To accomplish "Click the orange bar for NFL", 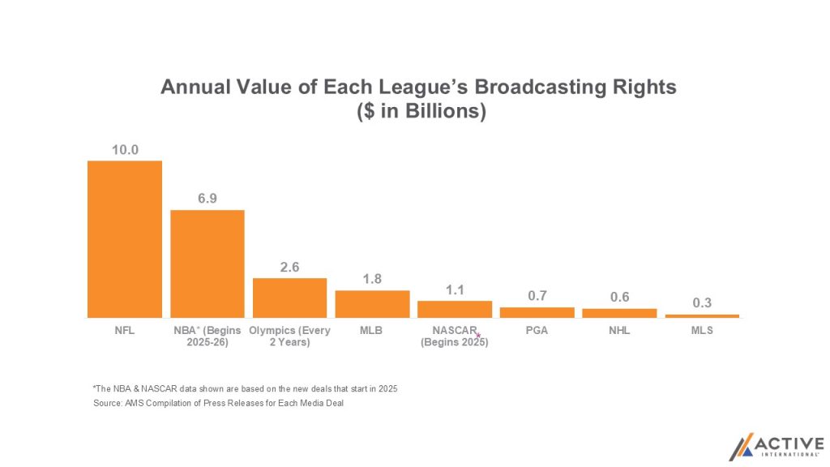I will click(x=125, y=239).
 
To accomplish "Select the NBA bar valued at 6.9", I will click(x=207, y=263).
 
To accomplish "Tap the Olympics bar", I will click(x=289, y=298).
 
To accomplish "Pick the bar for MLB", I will click(x=372, y=304).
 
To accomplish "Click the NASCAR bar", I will click(x=455, y=309).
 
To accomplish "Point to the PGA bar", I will click(x=537, y=312).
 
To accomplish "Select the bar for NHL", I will click(x=619, y=313).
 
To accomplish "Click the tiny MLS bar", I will click(x=702, y=315).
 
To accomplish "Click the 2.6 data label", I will click(x=289, y=266).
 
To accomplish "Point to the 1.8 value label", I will click(x=372, y=278).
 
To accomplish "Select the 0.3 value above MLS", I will click(x=702, y=302).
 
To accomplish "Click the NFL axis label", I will click(x=125, y=331).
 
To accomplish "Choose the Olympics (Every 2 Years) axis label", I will click(x=289, y=336).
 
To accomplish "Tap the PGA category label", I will click(x=537, y=331).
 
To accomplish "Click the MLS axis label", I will click(x=702, y=331).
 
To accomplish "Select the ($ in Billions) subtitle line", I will click(x=421, y=112).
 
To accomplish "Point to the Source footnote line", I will click(x=219, y=404).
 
